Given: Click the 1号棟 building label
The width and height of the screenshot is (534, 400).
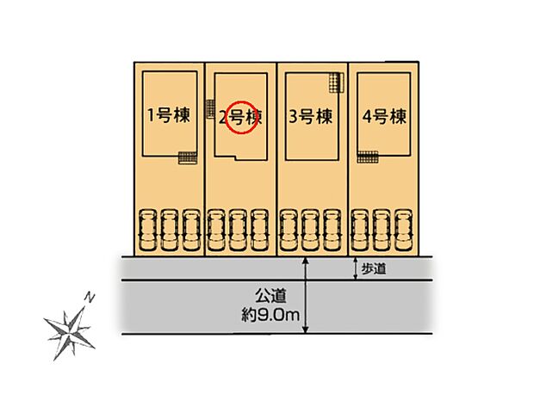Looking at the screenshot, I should tap(169, 116).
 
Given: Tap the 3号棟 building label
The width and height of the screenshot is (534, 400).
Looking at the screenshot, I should tap(312, 117).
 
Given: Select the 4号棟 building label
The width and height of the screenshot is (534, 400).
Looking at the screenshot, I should tap(384, 116).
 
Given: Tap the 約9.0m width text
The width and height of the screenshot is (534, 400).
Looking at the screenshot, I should tap(270, 317).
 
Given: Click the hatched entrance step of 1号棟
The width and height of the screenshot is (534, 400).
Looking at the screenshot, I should tap(186, 157).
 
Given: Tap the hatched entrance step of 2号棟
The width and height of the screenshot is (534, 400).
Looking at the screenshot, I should tap(210, 108).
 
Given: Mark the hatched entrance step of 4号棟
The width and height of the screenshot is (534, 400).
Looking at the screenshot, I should tap(368, 157).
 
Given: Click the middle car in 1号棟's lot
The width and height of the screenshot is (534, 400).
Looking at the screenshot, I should tap(169, 230).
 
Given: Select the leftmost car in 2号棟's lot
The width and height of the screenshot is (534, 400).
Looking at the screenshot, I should tap(218, 230).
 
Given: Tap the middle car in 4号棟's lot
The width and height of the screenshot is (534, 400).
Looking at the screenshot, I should tap(383, 230).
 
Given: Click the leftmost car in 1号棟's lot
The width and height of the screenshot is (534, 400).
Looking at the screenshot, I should tap(147, 230).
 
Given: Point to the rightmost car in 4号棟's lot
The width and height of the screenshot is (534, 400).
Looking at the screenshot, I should tap(406, 230).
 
